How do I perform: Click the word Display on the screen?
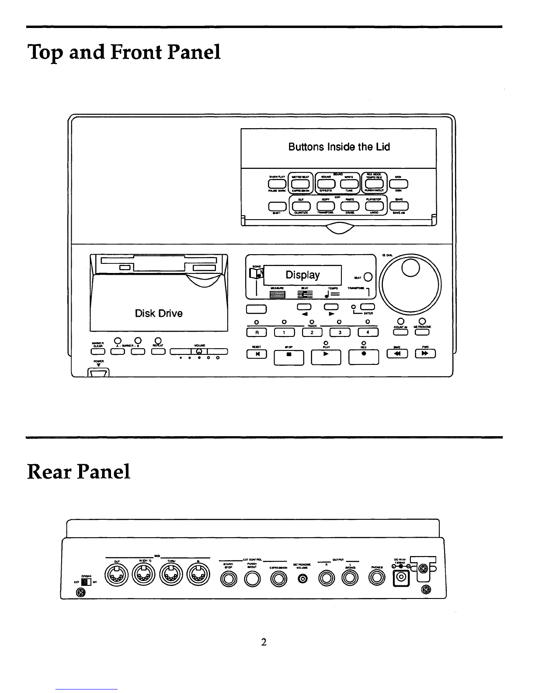tap(302, 275)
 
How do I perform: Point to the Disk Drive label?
tap(159, 313)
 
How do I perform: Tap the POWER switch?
tap(98, 373)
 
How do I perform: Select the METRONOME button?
tap(423, 333)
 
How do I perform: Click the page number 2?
tap(264, 642)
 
